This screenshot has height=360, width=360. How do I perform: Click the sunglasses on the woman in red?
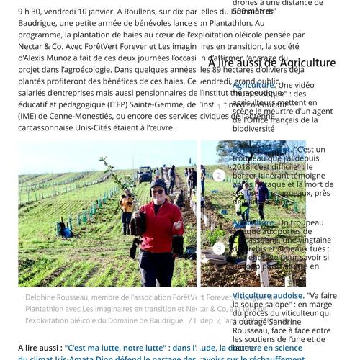click(x=158, y=192)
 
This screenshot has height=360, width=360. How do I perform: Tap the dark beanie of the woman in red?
click(x=158, y=184)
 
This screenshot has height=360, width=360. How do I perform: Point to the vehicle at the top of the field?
click(x=145, y=174)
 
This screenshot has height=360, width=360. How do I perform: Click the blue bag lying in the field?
click(x=66, y=231)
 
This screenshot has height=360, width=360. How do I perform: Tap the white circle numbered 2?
click(x=219, y=175)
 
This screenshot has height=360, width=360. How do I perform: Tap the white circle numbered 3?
click(x=219, y=249)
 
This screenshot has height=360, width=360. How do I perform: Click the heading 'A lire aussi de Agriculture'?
click(x=272, y=63)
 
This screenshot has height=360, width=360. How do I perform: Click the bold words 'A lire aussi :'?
click(x=40, y=348)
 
